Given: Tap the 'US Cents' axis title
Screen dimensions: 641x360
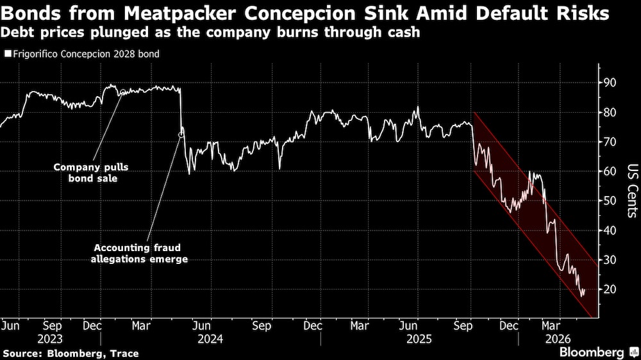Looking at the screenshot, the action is (x=633, y=191).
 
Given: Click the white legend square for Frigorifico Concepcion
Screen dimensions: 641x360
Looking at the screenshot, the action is (x=8, y=54).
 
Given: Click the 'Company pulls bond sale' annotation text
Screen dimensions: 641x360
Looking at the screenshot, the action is (x=91, y=173).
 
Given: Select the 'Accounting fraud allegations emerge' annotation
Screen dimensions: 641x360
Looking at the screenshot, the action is (x=139, y=254).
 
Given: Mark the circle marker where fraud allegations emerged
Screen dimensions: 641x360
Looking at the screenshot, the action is (x=181, y=135).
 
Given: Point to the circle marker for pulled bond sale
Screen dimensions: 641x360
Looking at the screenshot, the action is (x=123, y=92).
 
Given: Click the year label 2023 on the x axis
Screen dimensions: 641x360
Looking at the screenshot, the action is (x=50, y=339).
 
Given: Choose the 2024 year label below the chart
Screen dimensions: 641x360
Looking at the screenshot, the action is (x=210, y=339).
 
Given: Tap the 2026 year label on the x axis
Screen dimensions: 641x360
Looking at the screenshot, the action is (x=558, y=339).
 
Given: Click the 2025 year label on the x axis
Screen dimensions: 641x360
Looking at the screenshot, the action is (x=419, y=339).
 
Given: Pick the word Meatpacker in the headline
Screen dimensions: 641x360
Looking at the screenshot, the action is (x=179, y=13).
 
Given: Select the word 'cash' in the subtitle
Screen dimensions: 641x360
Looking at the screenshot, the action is (x=404, y=32).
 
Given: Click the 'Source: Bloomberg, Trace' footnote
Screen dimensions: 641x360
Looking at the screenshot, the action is (x=71, y=354).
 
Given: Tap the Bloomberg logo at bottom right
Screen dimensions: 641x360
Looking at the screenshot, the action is (x=599, y=352).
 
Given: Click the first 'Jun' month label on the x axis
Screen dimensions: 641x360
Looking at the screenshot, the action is (x=10, y=326).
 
